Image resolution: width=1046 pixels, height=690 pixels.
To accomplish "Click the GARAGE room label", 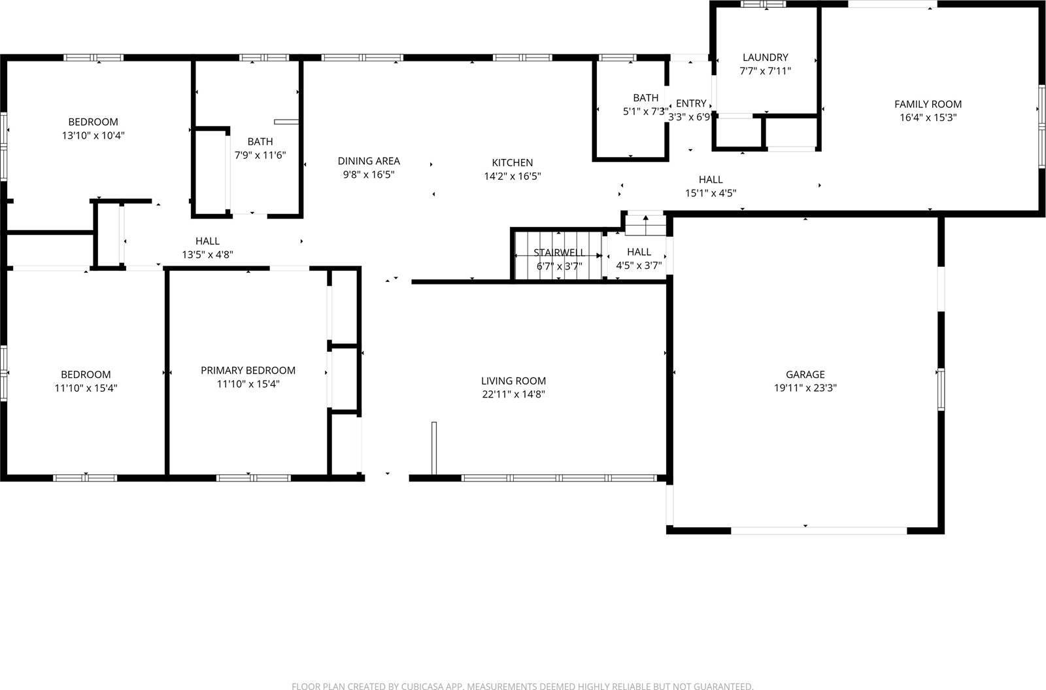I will (x=805, y=374).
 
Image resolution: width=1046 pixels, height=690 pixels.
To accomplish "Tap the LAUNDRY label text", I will (x=765, y=58).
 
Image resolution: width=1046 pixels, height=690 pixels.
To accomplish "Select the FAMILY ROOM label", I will (x=928, y=104).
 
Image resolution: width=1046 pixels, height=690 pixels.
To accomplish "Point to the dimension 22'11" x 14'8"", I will (x=513, y=394).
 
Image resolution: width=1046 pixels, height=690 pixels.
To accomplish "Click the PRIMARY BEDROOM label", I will (x=248, y=370).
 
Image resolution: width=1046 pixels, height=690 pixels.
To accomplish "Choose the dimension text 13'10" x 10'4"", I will (x=93, y=135).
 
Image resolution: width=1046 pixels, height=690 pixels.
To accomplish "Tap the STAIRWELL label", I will (x=559, y=252).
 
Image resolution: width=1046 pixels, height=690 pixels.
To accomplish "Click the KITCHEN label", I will (x=513, y=162).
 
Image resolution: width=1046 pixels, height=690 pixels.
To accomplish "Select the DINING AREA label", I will (x=369, y=161).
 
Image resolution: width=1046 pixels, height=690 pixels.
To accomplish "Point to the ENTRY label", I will (x=691, y=103).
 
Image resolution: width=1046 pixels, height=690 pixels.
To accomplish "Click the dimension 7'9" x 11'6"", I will (x=260, y=155).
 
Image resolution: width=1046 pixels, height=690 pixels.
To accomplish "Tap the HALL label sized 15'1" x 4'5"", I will (x=711, y=179).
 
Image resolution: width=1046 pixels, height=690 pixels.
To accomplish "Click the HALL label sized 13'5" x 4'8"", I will (x=207, y=241).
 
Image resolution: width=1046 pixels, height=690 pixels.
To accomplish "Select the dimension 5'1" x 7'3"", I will (x=645, y=112).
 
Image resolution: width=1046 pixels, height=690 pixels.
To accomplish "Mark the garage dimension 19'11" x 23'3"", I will (x=805, y=387).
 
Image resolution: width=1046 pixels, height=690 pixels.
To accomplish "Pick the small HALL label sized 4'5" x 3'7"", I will (x=639, y=252).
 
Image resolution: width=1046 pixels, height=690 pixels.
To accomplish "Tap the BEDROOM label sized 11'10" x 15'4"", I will (x=86, y=374).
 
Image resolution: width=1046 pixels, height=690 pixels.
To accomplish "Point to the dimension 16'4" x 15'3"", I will (x=928, y=118).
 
